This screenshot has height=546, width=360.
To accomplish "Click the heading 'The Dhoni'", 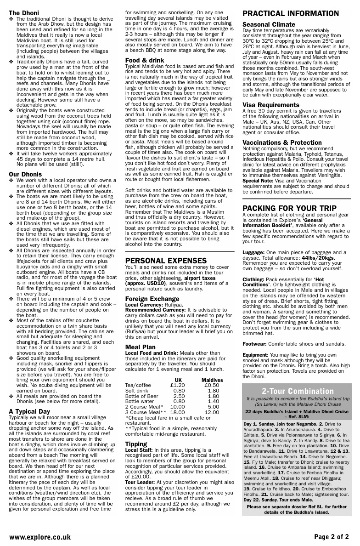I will coord(24,12).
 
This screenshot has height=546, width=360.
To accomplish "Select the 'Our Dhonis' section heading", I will coord(25,174).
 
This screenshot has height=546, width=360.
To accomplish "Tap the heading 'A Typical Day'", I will coord(29,411).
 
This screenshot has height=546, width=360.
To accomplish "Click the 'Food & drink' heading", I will coord(145,60).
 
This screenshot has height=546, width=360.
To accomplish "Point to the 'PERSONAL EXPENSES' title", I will coord(160,261).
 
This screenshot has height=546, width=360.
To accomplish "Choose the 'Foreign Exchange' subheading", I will coord(152,299).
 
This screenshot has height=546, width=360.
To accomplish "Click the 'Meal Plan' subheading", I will coord(141,347).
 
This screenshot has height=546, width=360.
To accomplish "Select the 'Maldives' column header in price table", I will coord(212,380).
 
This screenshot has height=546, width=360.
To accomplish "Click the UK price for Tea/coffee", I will coord(177,385).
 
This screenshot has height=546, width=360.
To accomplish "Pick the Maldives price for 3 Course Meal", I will coord(212,412).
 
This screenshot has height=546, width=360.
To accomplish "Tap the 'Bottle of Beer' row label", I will coord(142,396).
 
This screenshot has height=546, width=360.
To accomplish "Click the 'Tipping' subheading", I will coord(136,444).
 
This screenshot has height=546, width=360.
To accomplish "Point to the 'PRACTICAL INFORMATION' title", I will coord(291,14).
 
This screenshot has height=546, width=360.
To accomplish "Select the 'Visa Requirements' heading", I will coord(271,105).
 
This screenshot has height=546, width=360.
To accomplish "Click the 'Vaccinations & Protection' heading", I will coord(282,142).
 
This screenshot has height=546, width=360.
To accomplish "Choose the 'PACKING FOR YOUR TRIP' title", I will coord(289,208).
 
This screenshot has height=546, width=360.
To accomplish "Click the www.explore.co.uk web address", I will coord(40,536).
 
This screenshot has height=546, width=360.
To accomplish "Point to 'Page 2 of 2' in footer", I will coord(332,536).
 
